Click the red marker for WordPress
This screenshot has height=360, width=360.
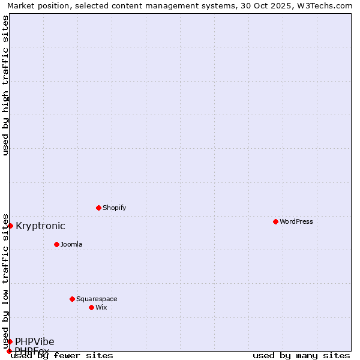tap(275, 221)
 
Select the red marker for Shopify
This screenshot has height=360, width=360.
tap(98, 208)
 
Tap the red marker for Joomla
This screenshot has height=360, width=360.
tap(56, 244)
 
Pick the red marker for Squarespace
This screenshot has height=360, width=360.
tap(72, 299)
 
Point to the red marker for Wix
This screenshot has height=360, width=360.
tap(91, 307)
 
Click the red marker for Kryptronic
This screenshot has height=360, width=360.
tap(10, 226)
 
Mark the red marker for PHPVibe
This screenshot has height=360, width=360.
tap(10, 341)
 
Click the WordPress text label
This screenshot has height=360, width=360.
tap(296, 221)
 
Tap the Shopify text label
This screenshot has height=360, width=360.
tap(114, 208)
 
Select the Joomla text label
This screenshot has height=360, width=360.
tap(71, 244)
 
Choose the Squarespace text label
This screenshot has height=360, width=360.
tap(97, 299)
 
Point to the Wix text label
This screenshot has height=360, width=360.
tap(101, 307)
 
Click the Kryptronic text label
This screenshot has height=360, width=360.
tap(40, 226)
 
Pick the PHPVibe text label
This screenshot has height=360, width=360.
tap(35, 341)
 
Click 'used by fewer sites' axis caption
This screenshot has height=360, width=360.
tap(62, 355)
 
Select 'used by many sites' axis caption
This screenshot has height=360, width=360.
tap(301, 355)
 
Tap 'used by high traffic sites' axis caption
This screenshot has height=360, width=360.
tap(5, 85)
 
